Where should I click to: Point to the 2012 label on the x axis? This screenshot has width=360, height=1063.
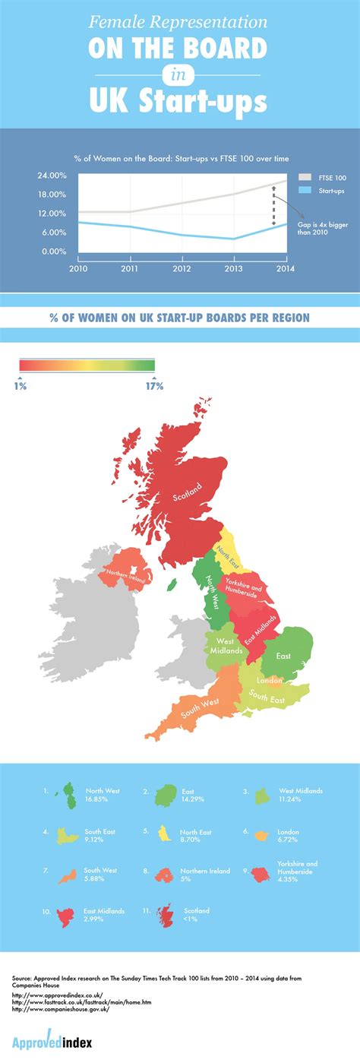tap(182, 269)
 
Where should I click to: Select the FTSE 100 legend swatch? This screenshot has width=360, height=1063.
tap(306, 176)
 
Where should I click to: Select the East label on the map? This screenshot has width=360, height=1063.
tap(283, 655)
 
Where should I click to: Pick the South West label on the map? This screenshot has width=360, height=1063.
tap(201, 707)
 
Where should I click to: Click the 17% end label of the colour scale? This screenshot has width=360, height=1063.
tap(154, 387)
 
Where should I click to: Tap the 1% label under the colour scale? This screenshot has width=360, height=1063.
tap(21, 387)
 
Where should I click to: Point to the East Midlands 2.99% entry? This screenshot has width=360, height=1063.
tap(104, 915)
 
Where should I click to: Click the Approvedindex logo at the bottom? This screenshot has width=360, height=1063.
tap(52, 1042)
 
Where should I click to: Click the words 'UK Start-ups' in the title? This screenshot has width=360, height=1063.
tap(179, 100)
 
